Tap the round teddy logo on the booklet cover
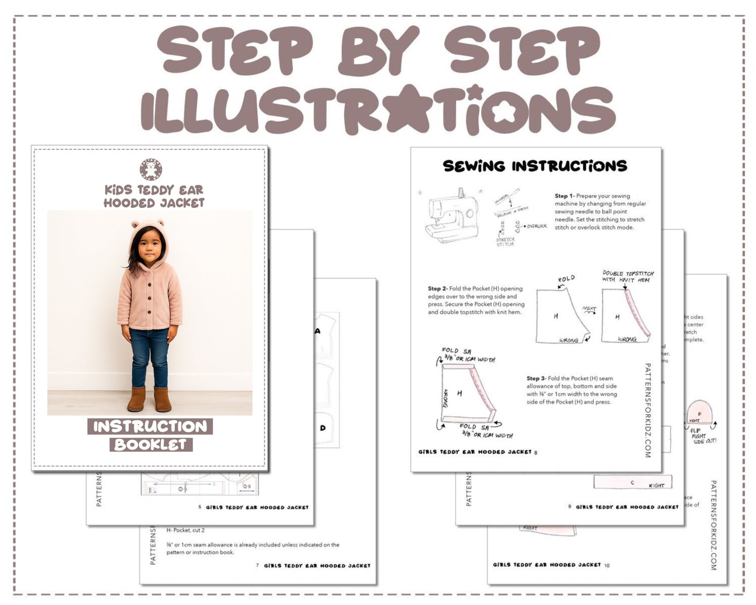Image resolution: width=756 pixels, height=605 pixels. [x=151, y=170]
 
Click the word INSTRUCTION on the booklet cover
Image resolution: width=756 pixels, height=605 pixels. [x=150, y=427]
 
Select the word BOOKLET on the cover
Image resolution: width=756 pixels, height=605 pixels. [x=151, y=445]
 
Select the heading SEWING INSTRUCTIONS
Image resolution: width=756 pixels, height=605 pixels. [x=535, y=166]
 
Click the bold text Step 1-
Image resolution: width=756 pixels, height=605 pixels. [x=565, y=196]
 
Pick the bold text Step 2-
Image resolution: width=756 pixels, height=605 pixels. [x=437, y=288]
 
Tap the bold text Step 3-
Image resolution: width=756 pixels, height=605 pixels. [x=536, y=378]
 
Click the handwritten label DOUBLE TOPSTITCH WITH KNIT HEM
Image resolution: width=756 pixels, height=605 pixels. [x=627, y=277]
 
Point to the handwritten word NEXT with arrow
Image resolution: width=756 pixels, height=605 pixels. [x=589, y=309]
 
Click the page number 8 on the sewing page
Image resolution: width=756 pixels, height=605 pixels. [x=536, y=453]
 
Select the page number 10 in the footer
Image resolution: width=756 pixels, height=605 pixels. [x=607, y=565]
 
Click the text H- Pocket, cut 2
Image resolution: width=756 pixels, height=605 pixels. [x=185, y=530]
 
